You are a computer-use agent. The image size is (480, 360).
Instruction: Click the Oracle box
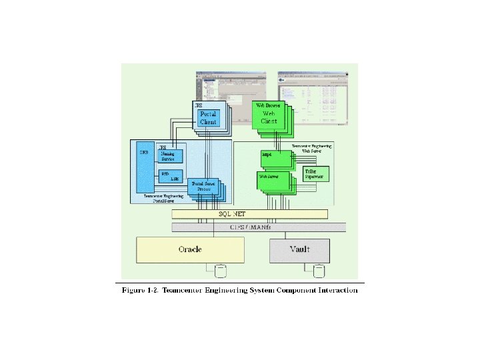[189, 249]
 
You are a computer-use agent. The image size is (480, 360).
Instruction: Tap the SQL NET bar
[249, 214]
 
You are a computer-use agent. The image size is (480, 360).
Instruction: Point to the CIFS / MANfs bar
[259, 227]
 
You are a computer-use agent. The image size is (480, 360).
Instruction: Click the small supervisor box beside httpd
[314, 173]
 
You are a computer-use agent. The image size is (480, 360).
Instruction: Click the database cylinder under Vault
[319, 270]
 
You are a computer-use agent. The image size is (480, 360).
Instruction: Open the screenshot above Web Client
[303, 93]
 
